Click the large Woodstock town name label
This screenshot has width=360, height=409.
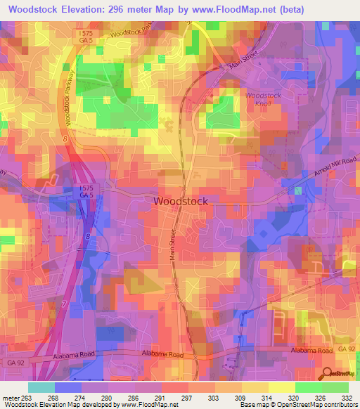[181, 201]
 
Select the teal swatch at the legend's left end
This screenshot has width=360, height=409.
[40, 387]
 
